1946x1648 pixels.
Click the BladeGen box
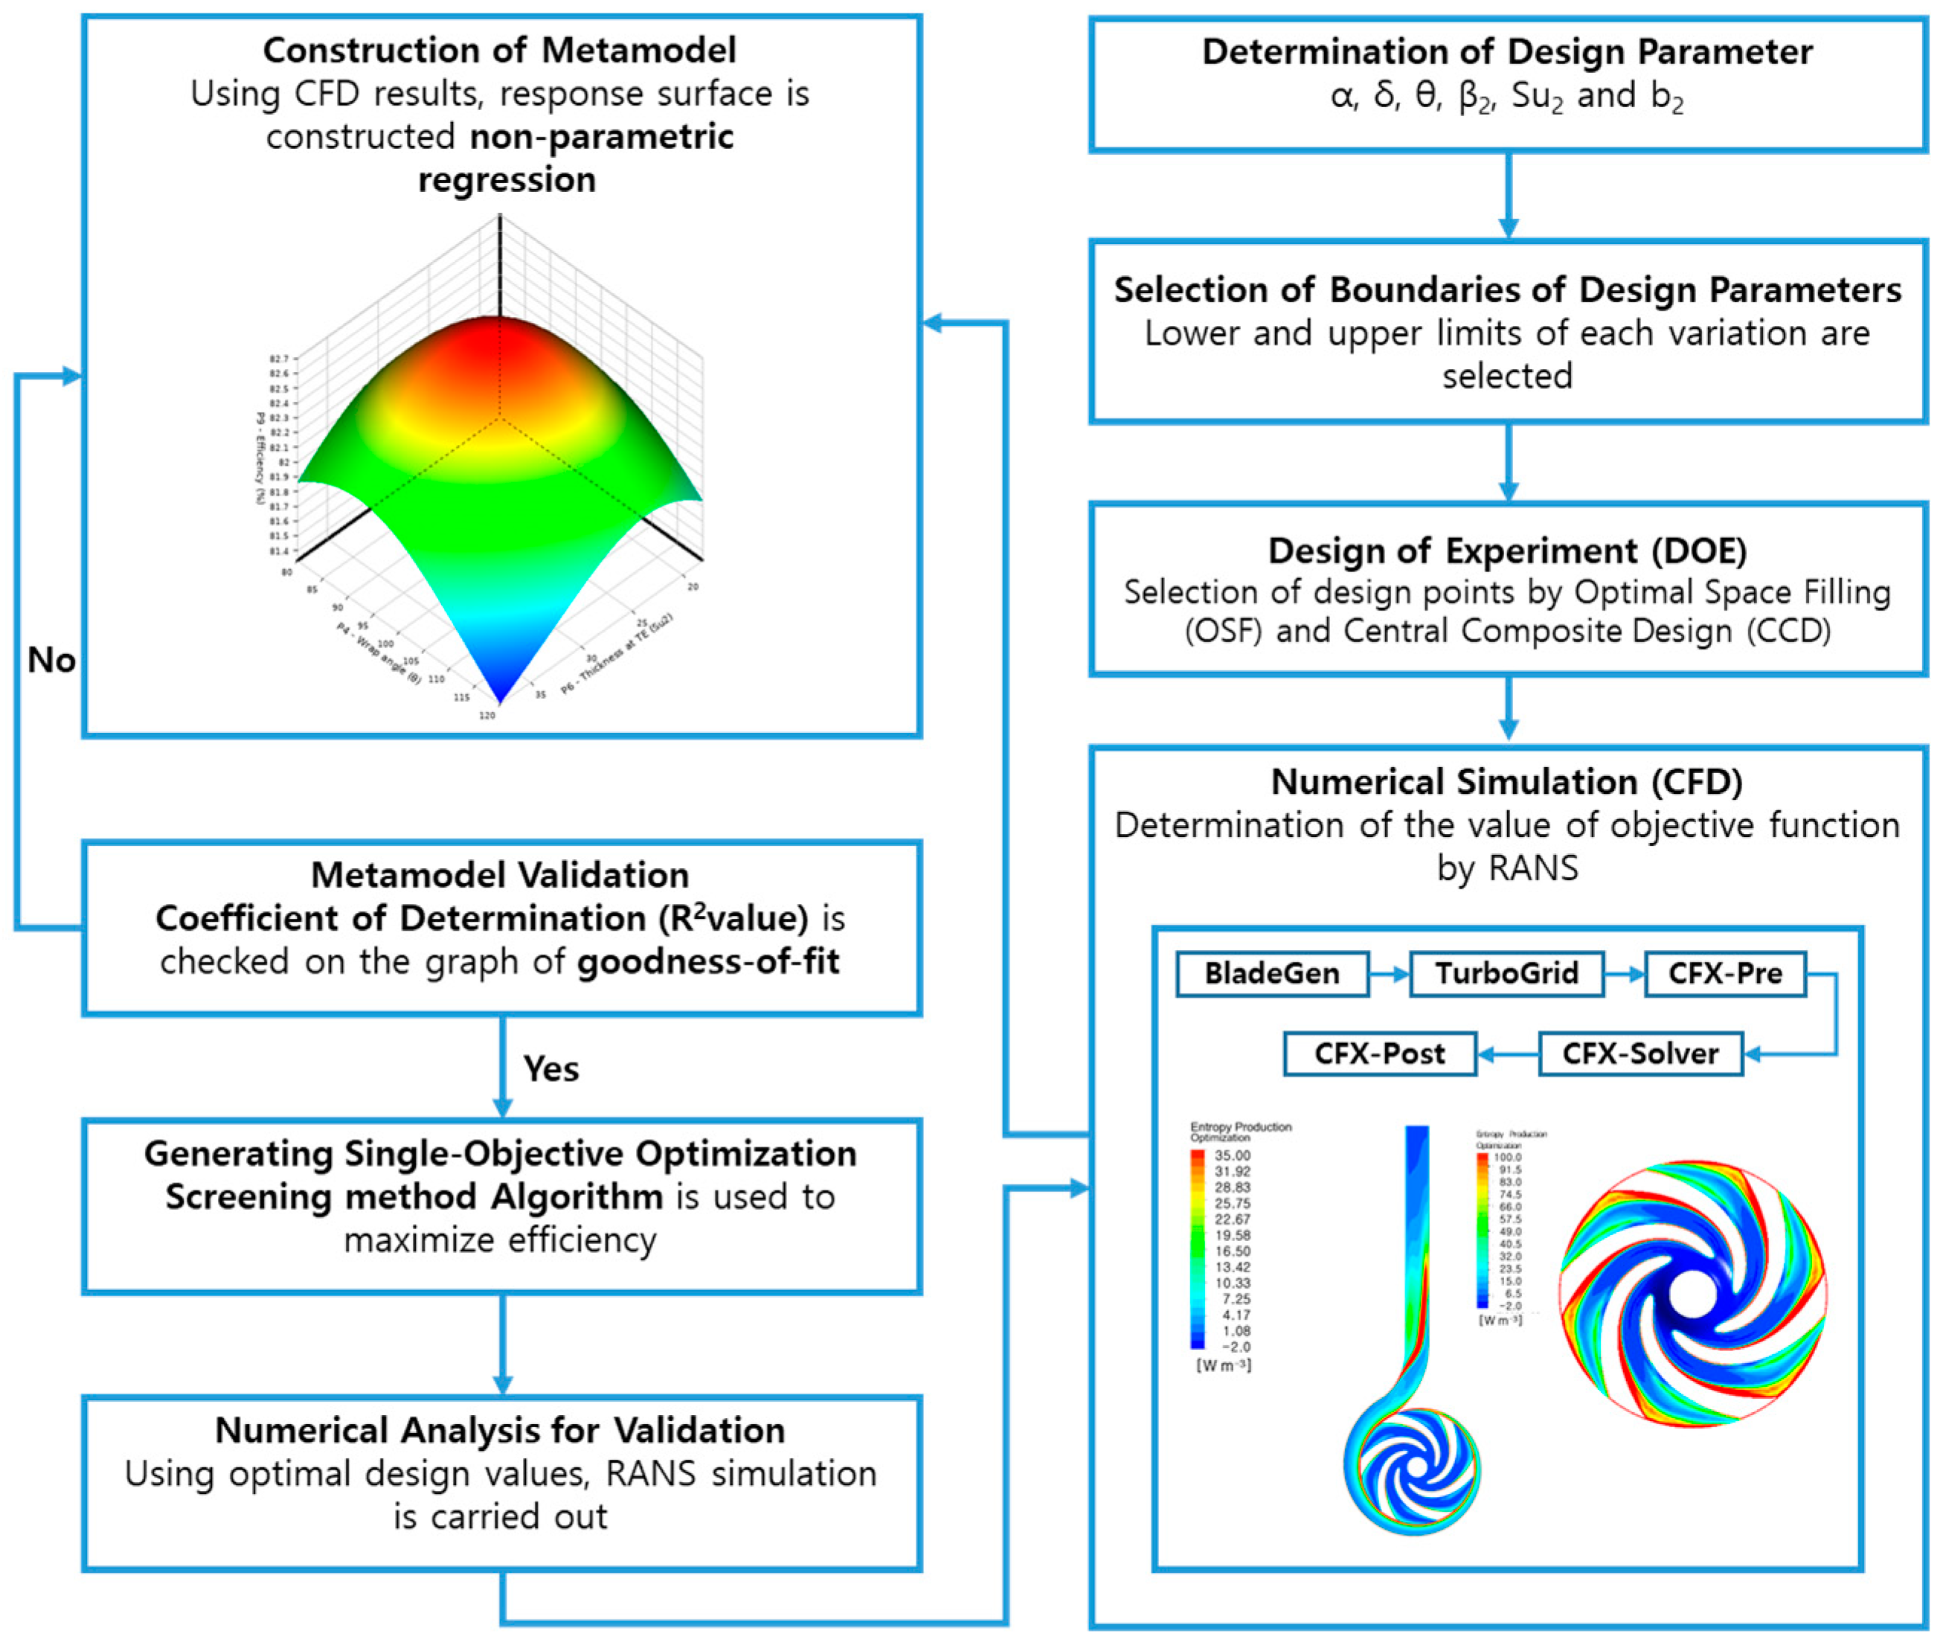click(1271, 973)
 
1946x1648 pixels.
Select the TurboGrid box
click(1506, 973)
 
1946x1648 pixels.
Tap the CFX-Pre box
click(1724, 973)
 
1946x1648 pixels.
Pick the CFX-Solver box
click(1640, 1054)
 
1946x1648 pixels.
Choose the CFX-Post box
click(1379, 1054)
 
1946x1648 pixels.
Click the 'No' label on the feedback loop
click(51, 661)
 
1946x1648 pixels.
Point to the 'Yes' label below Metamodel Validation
click(550, 1068)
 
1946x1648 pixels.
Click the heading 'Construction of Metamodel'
click(499, 51)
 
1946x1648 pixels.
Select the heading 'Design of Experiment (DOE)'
click(1507, 551)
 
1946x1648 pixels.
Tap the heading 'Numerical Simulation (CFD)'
click(1507, 782)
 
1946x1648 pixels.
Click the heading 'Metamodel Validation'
click(500, 876)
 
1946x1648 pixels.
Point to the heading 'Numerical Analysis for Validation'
click(500, 1430)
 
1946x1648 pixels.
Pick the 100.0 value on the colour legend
click(1509, 1158)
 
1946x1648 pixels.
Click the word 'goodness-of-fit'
click(708, 962)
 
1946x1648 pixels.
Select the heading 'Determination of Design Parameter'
click(1507, 52)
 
